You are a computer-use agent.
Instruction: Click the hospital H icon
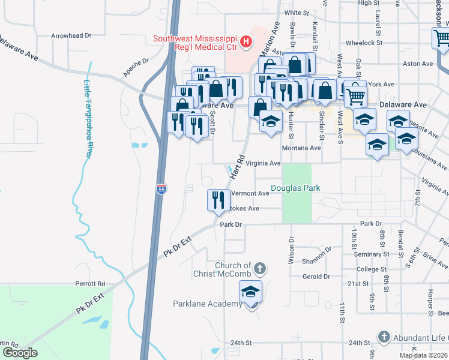(245, 42)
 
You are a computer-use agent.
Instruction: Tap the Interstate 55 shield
(161, 190)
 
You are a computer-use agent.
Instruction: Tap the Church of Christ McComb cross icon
(259, 268)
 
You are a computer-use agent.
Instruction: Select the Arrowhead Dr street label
(71, 36)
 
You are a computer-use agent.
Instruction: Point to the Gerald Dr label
(316, 277)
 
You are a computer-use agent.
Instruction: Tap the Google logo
(20, 353)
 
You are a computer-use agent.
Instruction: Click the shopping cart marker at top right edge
(441, 38)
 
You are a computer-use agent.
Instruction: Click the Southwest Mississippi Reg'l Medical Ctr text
(194, 43)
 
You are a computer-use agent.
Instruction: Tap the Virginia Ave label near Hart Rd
(264, 163)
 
